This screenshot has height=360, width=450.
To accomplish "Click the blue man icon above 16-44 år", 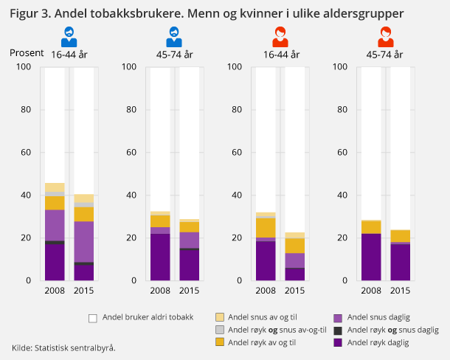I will click(x=68, y=35).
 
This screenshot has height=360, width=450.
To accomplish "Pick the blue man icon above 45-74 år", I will click(x=173, y=35).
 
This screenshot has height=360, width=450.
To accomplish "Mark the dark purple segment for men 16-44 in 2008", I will click(x=55, y=263).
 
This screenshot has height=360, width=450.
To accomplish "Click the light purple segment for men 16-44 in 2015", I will click(x=83, y=241).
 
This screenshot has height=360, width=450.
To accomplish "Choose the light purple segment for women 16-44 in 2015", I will click(x=295, y=260).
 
